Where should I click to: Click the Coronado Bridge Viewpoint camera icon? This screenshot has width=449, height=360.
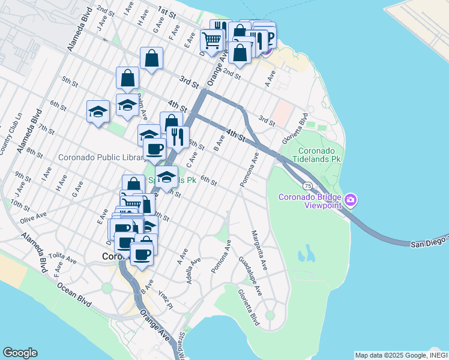351,199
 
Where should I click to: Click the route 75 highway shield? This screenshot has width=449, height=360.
307,186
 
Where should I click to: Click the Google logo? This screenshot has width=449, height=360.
20,353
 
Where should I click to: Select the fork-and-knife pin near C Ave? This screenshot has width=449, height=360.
178,136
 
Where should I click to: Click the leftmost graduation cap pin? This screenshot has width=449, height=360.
98,111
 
